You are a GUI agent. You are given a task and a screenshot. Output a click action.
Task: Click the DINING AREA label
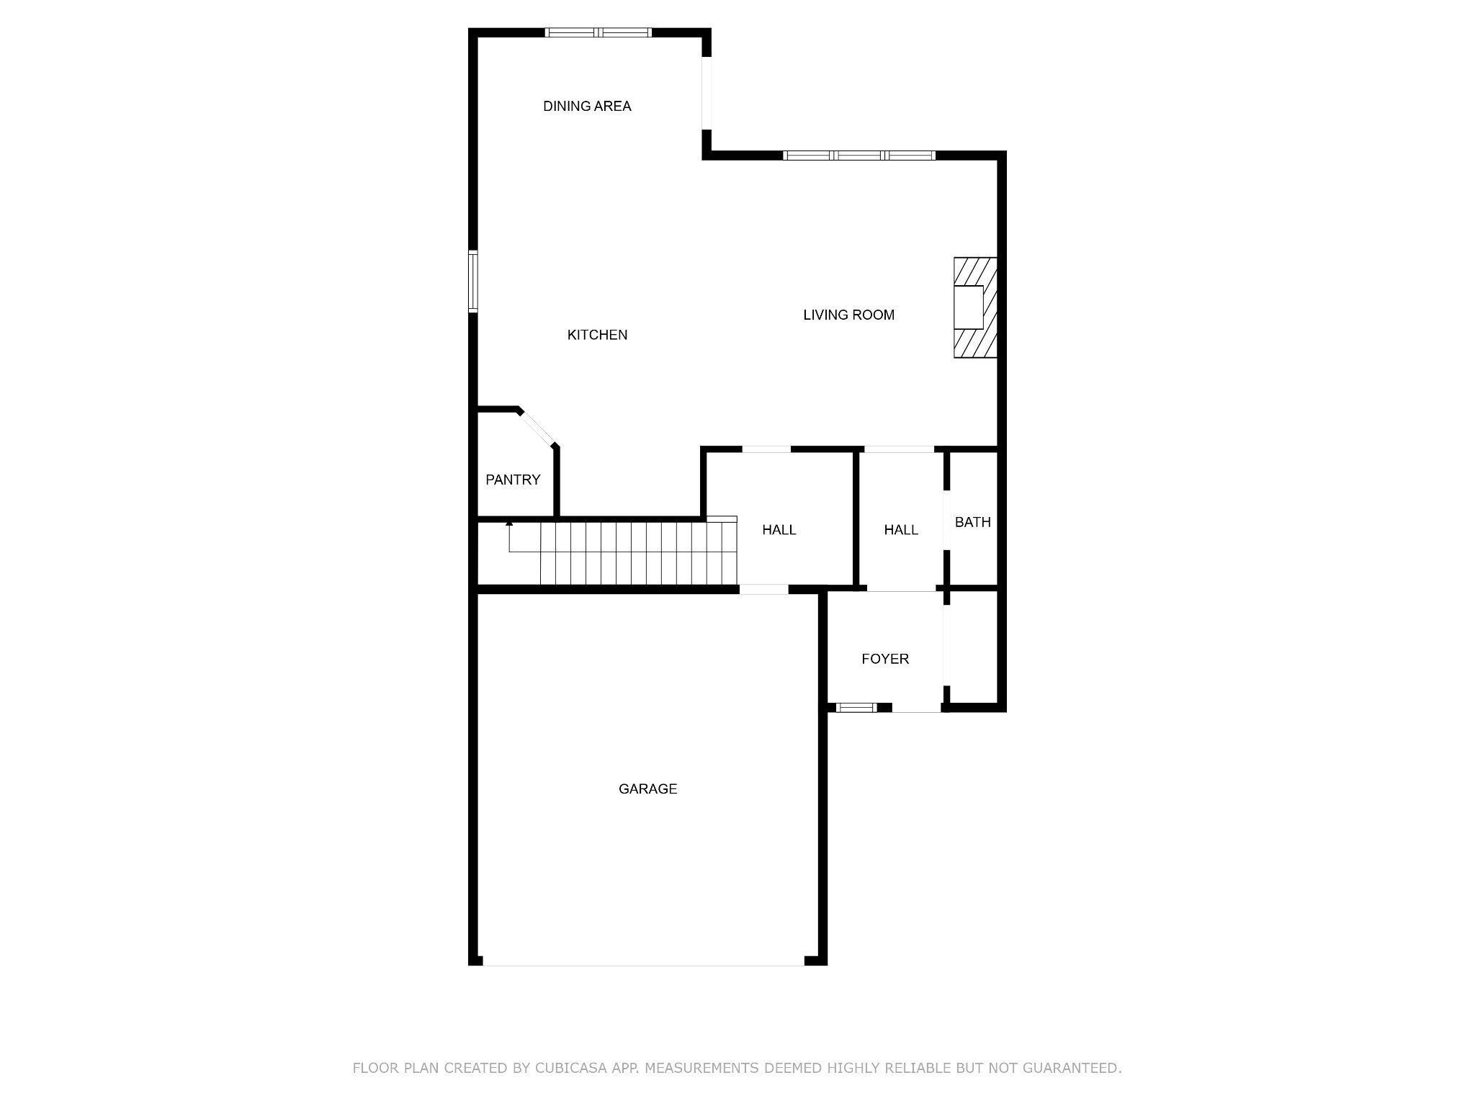[587, 107]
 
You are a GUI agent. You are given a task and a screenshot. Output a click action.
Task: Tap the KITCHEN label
[597, 335]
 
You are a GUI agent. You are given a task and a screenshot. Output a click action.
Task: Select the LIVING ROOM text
[848, 315]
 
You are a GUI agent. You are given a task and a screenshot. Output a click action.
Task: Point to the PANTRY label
[513, 480]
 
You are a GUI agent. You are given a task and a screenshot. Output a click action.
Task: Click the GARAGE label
[647, 789]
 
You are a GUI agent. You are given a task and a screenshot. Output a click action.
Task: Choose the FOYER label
[885, 659]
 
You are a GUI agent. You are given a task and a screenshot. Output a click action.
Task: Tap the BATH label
[972, 522]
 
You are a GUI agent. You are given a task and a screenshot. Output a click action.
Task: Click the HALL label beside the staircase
[779, 530]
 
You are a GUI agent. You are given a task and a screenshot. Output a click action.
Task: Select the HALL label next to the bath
[901, 530]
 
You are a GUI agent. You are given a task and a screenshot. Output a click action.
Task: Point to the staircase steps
[640, 553]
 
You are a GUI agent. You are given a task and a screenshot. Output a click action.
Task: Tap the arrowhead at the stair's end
[509, 522]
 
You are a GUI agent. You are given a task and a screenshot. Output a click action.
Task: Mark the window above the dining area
[598, 32]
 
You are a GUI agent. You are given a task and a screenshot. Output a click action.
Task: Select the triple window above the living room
[859, 155]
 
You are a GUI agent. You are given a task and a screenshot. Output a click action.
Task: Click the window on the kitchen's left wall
[473, 282]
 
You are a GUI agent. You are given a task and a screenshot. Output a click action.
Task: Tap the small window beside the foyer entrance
[856, 708]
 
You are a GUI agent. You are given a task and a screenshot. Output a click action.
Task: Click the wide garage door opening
[643, 961]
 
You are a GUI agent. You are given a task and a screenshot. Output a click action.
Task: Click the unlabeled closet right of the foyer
[973, 647]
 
